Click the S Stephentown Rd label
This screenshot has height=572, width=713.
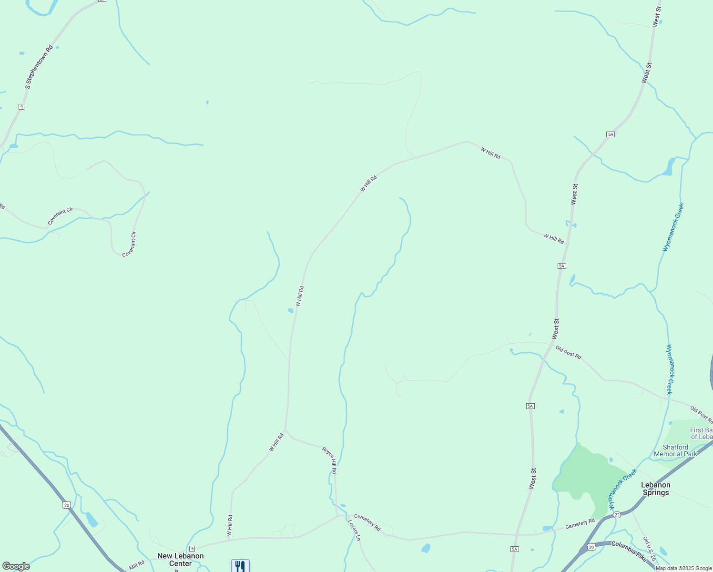pos(39,67)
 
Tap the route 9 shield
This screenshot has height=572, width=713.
pos(21,106)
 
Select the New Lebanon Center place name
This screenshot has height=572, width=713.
pos(181,560)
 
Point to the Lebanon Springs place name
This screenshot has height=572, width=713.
pos(656,489)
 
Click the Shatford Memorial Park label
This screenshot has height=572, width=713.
pos(675,450)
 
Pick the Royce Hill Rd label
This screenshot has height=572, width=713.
pos(330,460)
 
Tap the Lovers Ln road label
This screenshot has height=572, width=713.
pos(354,530)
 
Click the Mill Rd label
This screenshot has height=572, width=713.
pos(137,565)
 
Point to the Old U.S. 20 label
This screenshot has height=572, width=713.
pos(649,549)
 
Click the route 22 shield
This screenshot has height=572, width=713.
pos(617,515)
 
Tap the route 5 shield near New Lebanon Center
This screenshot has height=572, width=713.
pos(192,549)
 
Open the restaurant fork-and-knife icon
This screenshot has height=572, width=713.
pos(240,566)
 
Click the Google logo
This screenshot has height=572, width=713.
pos(16,566)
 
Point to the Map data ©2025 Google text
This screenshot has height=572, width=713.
pos(683,568)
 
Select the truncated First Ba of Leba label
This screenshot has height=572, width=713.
pos(701,433)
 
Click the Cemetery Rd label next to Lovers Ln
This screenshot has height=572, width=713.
pos(367,523)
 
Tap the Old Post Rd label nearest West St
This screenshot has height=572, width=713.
pos(569,353)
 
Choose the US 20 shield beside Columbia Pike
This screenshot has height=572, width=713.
pos(591,547)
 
